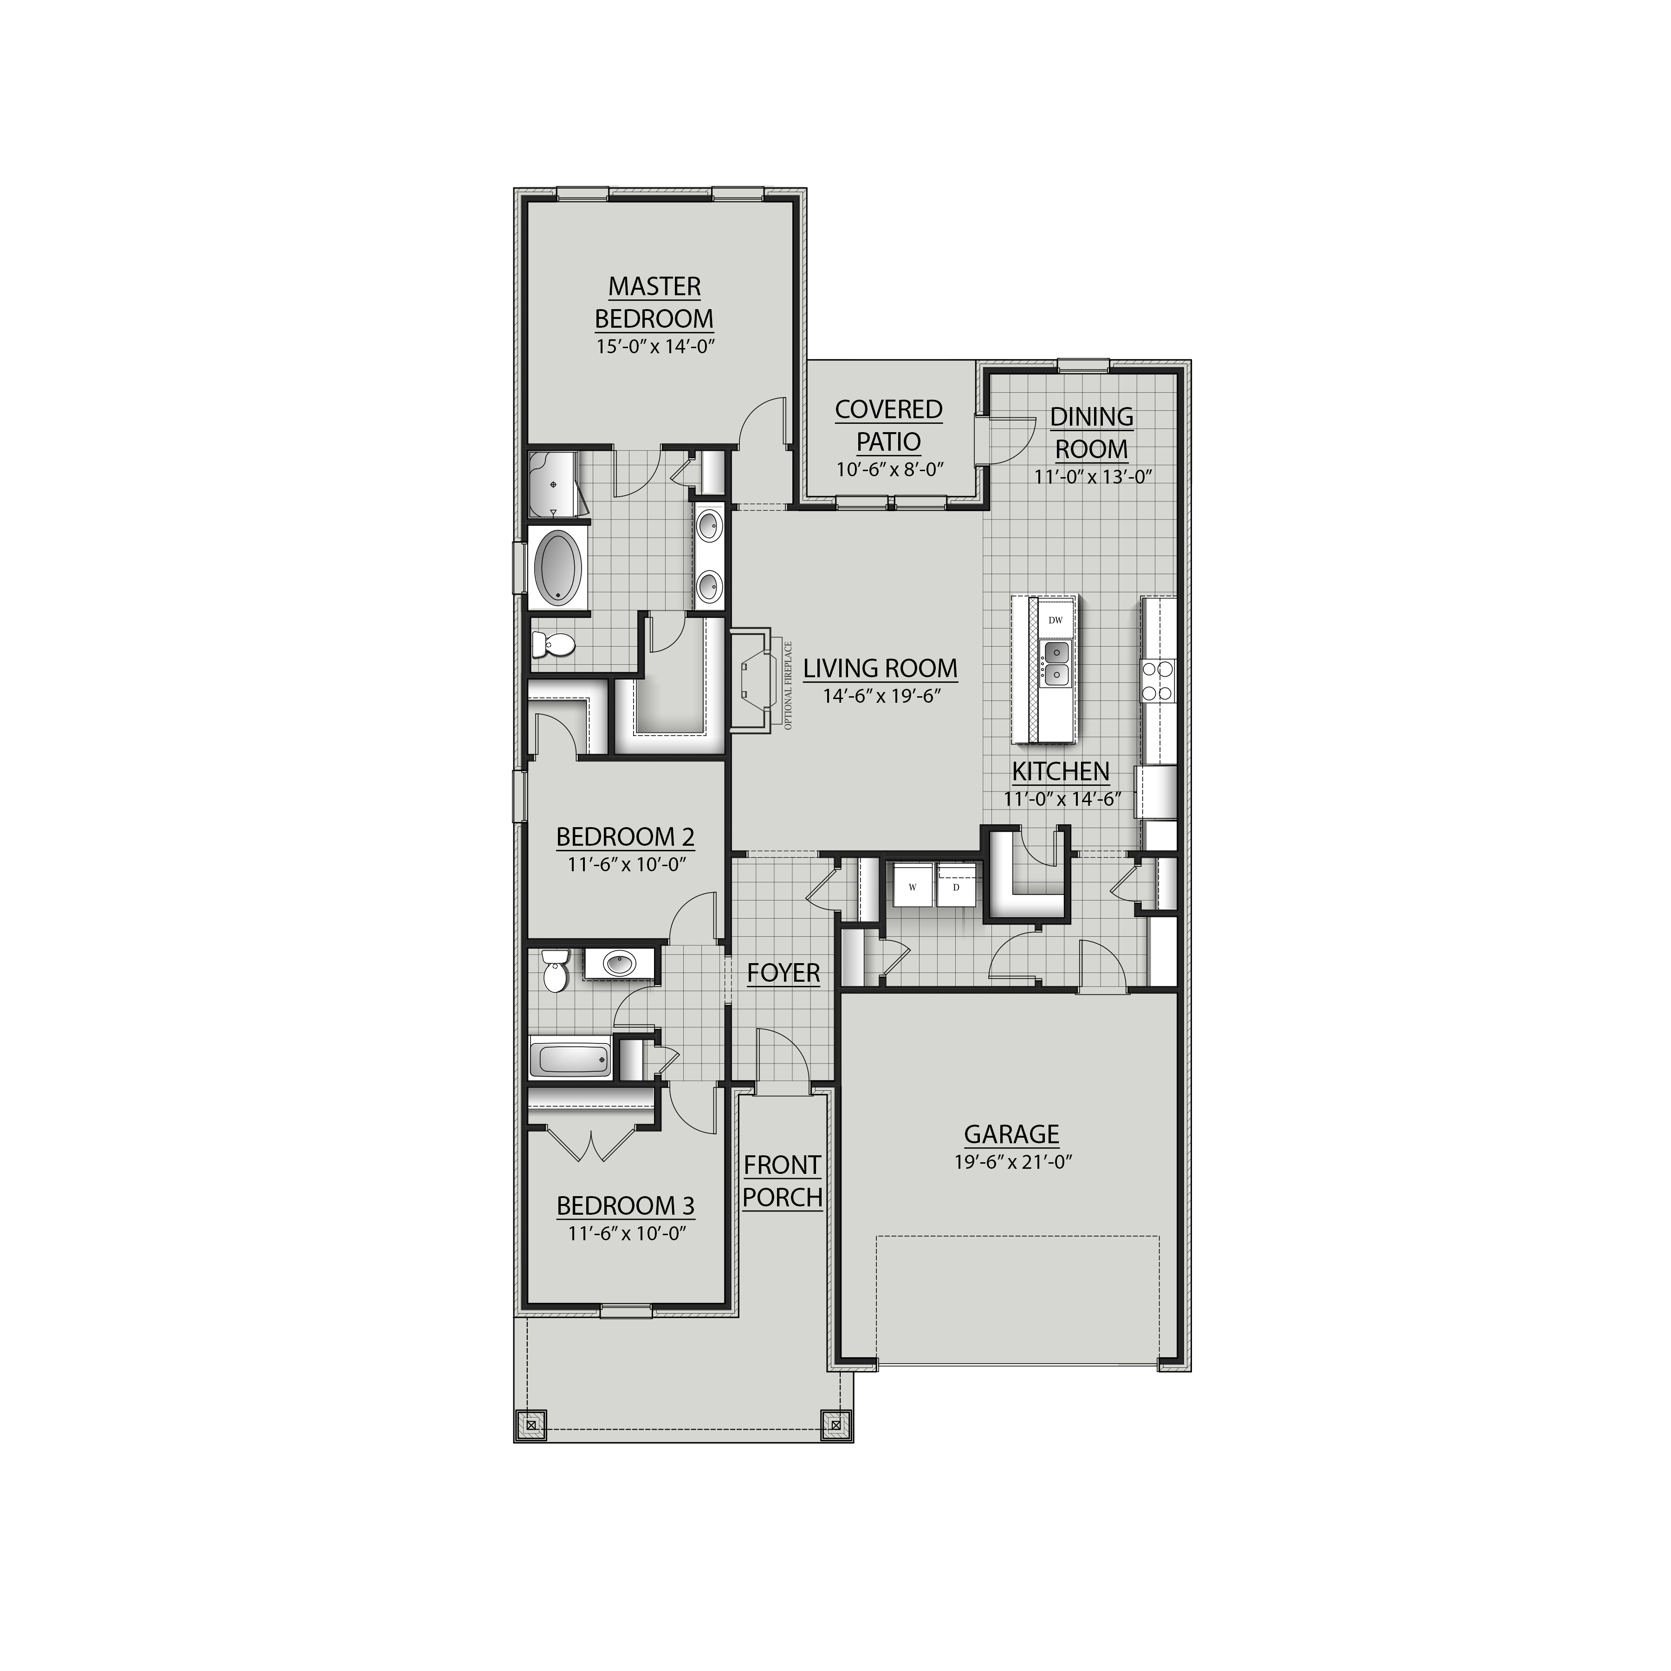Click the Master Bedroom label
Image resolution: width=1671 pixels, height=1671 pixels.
654,302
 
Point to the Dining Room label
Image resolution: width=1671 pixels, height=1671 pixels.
1092,433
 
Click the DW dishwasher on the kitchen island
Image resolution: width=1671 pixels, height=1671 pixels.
1055,620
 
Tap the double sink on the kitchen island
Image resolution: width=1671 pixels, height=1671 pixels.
1055,663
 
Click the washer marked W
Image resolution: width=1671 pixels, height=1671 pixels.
912,887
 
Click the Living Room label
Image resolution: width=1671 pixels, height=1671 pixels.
881,668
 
